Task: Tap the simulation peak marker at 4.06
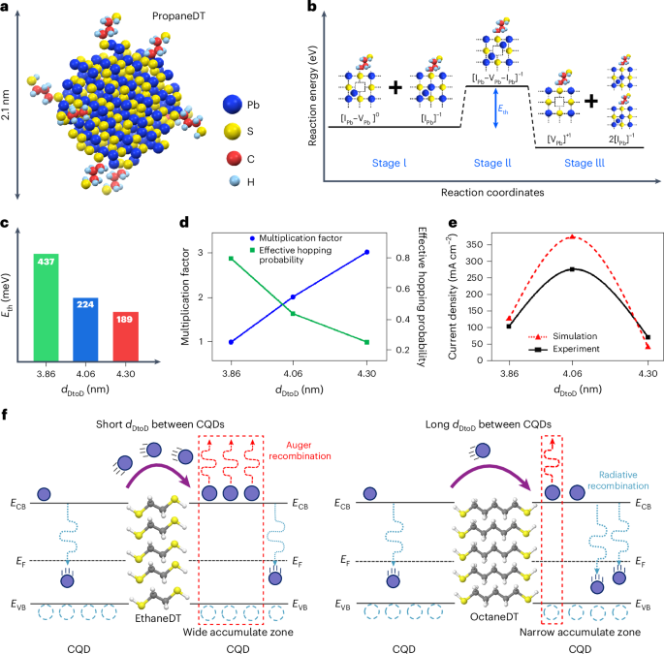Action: click(x=572, y=236)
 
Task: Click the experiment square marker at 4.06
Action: click(x=572, y=269)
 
